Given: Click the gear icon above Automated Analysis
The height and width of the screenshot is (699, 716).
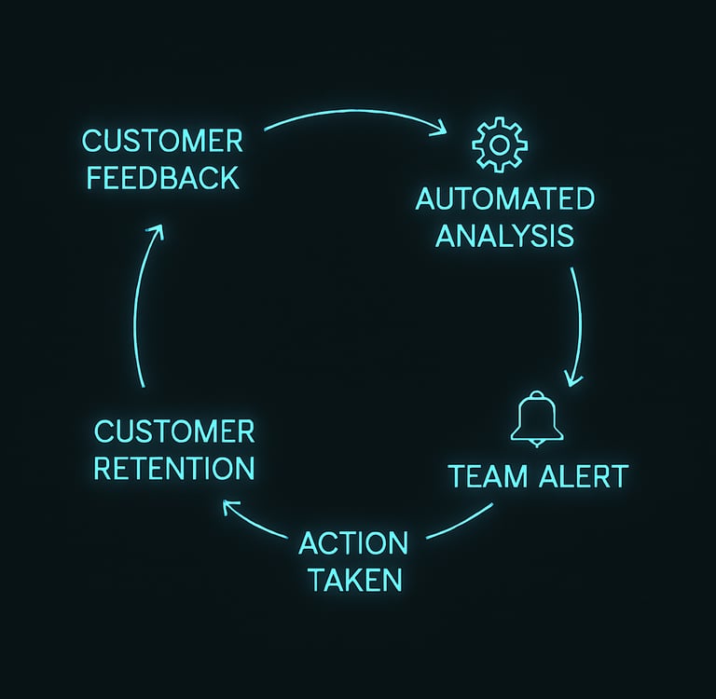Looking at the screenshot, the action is tap(500, 144).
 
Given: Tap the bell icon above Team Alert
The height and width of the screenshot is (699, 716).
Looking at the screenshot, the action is tap(537, 418).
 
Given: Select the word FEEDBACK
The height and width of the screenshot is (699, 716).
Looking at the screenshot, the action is tap(163, 178).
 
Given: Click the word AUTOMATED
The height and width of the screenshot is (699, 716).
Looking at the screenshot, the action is tap(505, 199).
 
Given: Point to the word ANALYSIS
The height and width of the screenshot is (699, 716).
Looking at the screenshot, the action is tap(505, 236).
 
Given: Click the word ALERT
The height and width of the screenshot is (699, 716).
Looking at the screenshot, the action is tap(584, 475).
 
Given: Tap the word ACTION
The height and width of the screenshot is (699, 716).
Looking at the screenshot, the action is tap(353, 543).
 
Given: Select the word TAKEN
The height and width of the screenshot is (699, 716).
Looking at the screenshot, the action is tap(356, 580).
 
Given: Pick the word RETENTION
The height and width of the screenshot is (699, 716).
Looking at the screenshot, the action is tap(174, 468).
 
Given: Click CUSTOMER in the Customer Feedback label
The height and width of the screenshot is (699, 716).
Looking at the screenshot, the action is tap(162, 141).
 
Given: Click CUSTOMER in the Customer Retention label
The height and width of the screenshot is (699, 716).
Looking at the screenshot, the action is tap(174, 432).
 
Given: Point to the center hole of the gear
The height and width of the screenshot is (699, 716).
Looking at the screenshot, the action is tap(500, 144).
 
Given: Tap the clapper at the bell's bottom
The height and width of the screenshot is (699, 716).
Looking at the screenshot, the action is tap(537, 444).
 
